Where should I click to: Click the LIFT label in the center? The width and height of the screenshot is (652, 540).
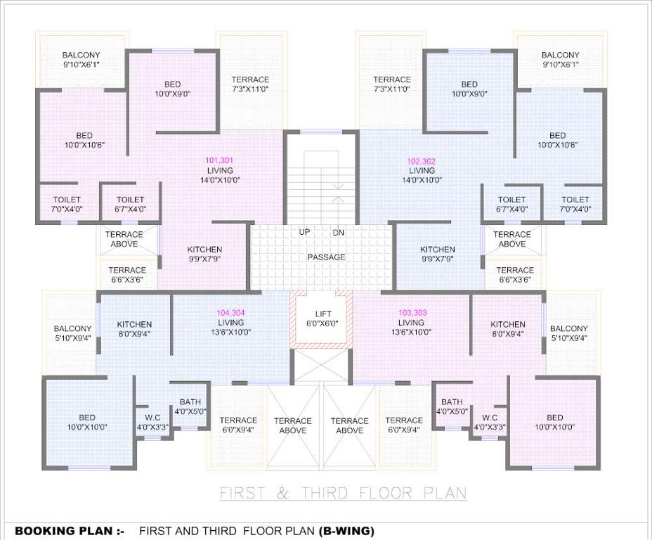323,314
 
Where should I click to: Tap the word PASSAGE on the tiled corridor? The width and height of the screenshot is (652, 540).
326,257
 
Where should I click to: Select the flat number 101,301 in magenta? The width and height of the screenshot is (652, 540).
219,160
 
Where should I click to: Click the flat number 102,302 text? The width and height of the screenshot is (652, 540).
422,160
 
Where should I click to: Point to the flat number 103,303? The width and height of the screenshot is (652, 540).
413,312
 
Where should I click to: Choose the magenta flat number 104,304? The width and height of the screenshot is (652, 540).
230,312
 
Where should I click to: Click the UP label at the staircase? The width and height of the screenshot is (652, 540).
305,232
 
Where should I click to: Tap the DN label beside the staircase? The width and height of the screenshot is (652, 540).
338,232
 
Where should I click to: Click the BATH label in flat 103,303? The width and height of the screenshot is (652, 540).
452,402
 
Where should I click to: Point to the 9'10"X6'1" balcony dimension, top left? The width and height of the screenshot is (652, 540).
81,65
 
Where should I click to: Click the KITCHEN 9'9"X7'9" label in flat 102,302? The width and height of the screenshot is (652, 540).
438,254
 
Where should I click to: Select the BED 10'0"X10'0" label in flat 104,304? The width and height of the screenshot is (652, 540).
87,422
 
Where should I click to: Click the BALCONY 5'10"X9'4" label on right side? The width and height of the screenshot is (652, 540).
568,333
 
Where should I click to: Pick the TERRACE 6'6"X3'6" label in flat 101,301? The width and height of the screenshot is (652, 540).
127,274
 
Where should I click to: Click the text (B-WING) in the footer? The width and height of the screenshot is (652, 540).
346,531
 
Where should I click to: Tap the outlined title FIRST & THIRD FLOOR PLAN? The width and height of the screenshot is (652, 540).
344,493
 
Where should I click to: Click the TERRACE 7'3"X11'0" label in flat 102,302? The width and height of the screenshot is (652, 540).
391,84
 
